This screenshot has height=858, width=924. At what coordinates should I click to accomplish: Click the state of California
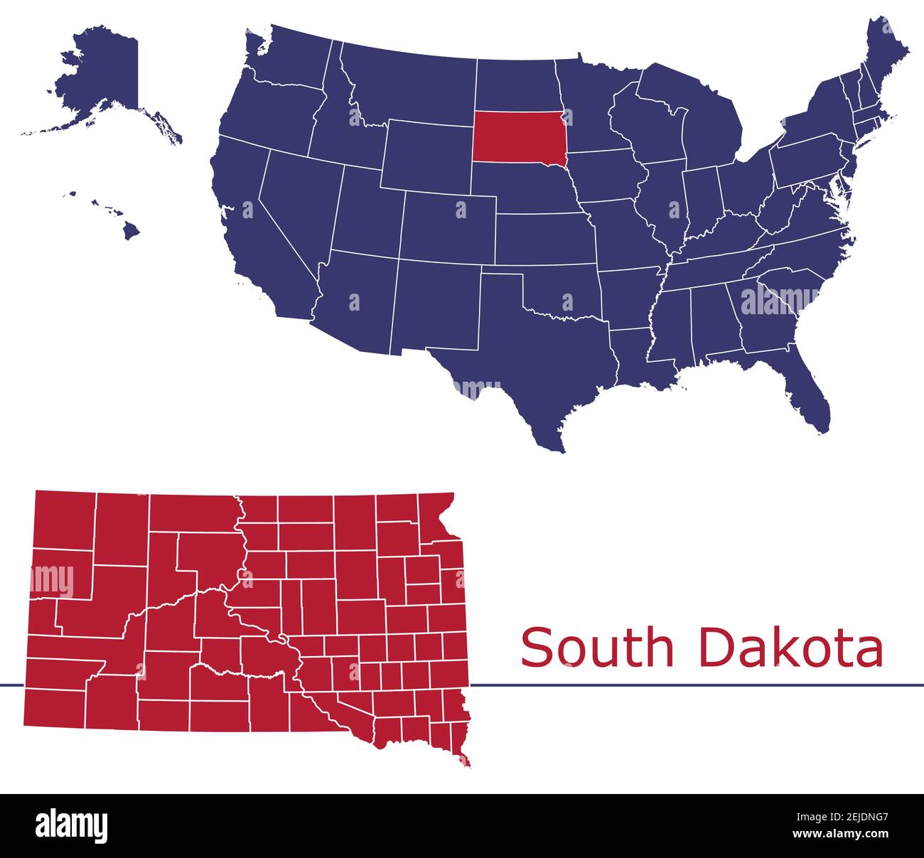point(249,227)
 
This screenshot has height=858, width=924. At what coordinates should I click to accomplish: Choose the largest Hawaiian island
point(130,230)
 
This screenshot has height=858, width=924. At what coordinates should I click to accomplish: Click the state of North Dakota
point(515,85)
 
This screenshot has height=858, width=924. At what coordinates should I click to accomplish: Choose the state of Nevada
point(295,206)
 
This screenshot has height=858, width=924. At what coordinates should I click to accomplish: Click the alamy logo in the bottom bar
point(72,825)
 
